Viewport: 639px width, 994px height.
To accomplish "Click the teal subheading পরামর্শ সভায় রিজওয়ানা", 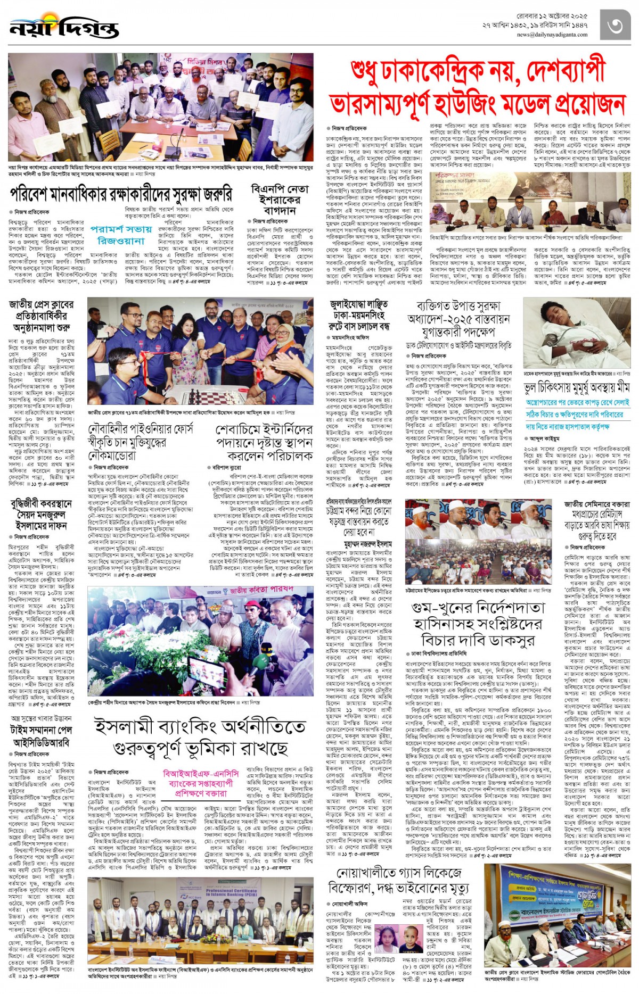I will tap(121, 235).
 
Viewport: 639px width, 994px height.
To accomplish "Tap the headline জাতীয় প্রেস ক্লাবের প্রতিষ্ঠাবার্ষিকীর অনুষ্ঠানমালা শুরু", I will tap(41, 316).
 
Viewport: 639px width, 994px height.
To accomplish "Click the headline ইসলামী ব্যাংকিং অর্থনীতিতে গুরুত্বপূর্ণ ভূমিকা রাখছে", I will tap(200, 737).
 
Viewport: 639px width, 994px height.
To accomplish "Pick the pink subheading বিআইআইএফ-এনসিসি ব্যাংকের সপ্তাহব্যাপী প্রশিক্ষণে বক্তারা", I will tap(201, 783).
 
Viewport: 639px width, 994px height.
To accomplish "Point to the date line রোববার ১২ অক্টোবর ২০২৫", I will tap(552, 16).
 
